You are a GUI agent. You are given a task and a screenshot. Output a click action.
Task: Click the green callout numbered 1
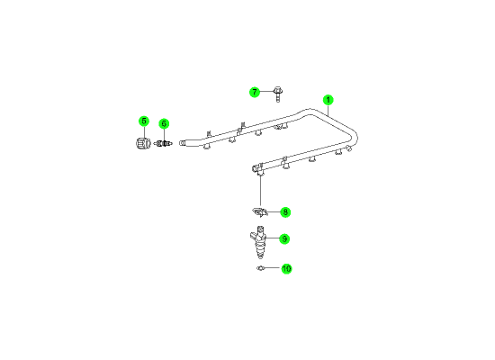pyautogui.click(x=328, y=100)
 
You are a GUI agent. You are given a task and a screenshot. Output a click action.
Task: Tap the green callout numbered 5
pyautogui.click(x=144, y=121)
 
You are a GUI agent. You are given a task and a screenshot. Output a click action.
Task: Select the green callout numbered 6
pyautogui.click(x=164, y=124)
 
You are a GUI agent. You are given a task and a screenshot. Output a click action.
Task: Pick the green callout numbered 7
pyautogui.click(x=255, y=92)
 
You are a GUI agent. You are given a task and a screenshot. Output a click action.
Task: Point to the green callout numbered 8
pyautogui.click(x=285, y=212)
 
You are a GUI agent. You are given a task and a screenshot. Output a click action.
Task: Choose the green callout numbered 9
pyautogui.click(x=284, y=239)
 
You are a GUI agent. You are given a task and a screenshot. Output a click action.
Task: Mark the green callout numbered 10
pyautogui.click(x=286, y=269)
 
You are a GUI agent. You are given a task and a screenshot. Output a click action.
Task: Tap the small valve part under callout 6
pyautogui.click(x=163, y=144)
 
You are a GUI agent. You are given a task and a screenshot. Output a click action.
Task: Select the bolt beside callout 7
pyautogui.click(x=278, y=94)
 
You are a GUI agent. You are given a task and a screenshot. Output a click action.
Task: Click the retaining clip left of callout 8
pyautogui.click(x=260, y=212)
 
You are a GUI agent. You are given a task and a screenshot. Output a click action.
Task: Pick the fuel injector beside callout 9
pyautogui.click(x=259, y=242)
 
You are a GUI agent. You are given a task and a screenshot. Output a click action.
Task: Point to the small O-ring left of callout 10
pyautogui.click(x=260, y=268)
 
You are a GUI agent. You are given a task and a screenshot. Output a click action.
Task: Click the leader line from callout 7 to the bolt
pyautogui.click(x=266, y=92)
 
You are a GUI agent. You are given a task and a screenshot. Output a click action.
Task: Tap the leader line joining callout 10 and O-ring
pyautogui.click(x=272, y=268)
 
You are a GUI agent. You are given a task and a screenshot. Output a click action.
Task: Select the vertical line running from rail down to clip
pyautogui.click(x=260, y=190)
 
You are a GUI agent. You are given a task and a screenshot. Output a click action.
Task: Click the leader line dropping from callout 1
pyautogui.click(x=328, y=111)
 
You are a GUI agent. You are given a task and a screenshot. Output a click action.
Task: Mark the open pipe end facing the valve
pyautogui.click(x=182, y=143)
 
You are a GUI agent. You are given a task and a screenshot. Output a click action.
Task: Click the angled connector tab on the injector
pyautogui.click(x=253, y=236)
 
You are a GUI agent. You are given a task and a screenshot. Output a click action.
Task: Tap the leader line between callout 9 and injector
pyautogui.click(x=273, y=238)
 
